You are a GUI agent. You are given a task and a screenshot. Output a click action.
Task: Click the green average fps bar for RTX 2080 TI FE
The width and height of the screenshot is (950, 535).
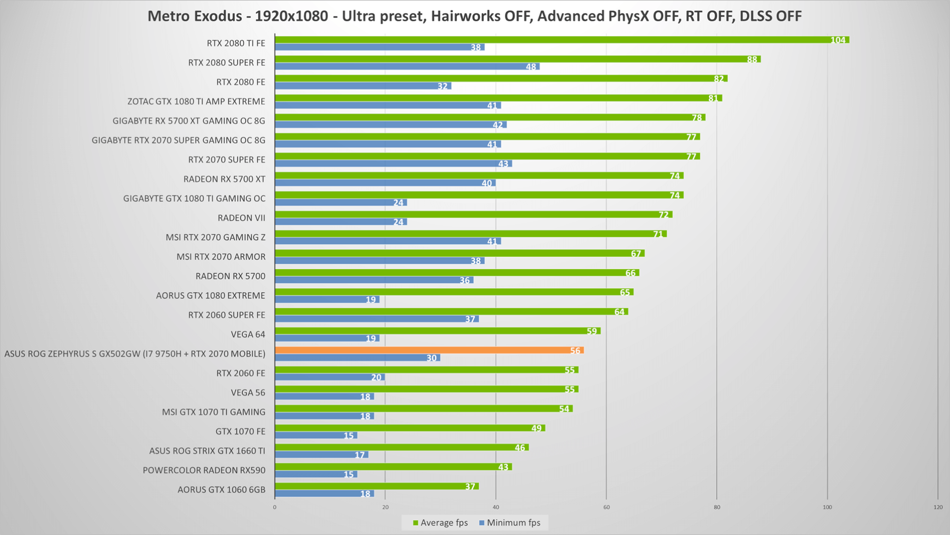562,40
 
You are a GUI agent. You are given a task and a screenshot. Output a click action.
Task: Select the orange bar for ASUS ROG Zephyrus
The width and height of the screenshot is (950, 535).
429,350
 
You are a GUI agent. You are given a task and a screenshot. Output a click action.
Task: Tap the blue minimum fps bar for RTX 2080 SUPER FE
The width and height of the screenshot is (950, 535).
407,66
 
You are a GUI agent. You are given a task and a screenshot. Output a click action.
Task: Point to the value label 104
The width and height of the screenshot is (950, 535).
838,40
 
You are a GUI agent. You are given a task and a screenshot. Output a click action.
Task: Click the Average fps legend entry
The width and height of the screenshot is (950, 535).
440,523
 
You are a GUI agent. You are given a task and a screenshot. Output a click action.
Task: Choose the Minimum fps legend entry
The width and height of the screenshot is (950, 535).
509,523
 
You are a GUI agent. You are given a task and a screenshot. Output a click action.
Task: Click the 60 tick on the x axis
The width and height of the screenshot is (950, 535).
606,507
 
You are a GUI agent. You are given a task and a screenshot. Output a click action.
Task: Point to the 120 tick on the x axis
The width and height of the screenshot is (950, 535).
938,507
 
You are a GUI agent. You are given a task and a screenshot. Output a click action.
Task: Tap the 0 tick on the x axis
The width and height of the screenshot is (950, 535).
275,507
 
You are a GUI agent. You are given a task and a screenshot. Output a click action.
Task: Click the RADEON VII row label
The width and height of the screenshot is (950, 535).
241,218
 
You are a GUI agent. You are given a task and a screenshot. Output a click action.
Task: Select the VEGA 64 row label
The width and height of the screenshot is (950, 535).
248,334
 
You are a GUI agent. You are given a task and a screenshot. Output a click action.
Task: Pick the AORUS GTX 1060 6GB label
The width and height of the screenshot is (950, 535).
222,489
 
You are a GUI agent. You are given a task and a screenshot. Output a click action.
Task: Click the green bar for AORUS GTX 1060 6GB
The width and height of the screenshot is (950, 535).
377,486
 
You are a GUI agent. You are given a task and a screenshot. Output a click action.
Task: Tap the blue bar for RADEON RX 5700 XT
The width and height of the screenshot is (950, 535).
385,183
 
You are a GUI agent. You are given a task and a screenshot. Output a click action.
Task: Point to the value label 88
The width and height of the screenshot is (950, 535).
752,59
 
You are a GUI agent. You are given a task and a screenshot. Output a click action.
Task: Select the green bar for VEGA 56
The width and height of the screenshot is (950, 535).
427,389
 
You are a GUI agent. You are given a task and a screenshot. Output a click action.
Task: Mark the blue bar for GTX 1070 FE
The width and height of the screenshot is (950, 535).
316,435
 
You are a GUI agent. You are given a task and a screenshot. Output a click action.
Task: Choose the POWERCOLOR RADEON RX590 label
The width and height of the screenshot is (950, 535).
204,470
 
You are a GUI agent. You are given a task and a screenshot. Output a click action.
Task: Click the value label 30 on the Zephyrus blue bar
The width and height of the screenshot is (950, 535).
432,358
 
